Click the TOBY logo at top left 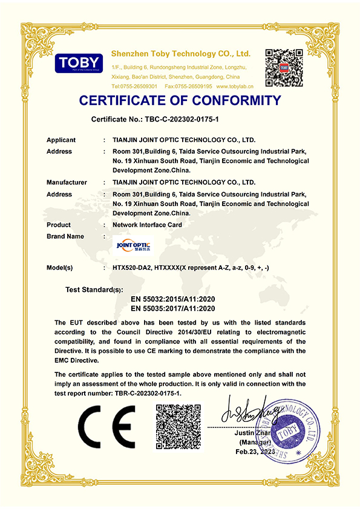(79, 63)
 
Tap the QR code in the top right (284, 67)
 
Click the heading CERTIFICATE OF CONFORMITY (180, 100)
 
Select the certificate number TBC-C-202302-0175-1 (196, 120)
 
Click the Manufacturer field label (67, 182)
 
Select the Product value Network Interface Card (147, 225)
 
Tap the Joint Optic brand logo (134, 245)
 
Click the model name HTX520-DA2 (132, 267)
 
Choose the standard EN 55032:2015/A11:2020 (182, 299)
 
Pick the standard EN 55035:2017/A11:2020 (182, 309)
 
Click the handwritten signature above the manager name (249, 413)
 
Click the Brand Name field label (65, 236)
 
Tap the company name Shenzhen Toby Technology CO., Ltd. (182, 54)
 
